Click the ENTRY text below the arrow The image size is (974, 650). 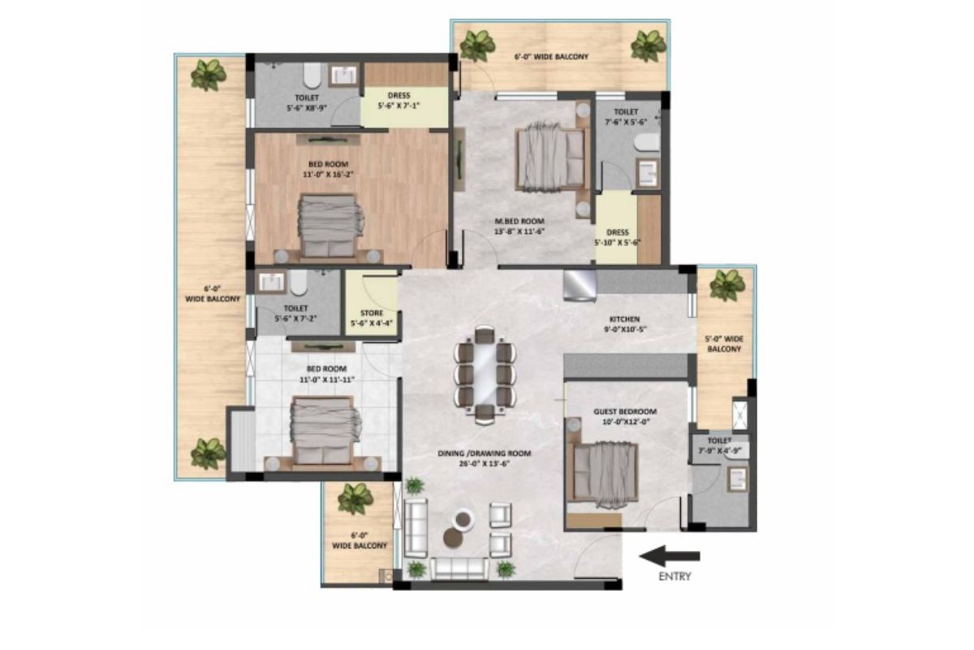pos(674,576)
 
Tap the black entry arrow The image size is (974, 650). pos(670,556)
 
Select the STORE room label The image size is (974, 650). pos(372,313)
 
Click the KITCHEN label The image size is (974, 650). pos(625,319)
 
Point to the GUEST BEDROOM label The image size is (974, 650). pos(625,411)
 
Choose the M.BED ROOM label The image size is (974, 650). pos(519,221)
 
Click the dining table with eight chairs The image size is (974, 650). pos(485,375)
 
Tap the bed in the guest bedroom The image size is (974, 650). pos(606,474)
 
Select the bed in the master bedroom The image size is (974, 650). pos(550,156)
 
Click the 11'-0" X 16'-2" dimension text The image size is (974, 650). pos(328,175)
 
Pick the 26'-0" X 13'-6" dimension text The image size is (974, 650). pos(485,464)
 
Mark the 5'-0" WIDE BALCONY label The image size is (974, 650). pos(724,344)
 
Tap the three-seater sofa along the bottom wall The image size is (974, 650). pos(459,569)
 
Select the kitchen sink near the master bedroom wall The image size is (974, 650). pos(580,285)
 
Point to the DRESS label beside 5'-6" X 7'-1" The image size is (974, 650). pos(399,95)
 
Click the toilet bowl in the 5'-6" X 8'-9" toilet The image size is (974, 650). pos(312,76)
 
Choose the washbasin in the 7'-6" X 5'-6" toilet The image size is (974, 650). pos(648,173)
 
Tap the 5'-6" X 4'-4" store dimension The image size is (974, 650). pos(372,323)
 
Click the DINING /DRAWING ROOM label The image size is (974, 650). pos(485,453)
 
